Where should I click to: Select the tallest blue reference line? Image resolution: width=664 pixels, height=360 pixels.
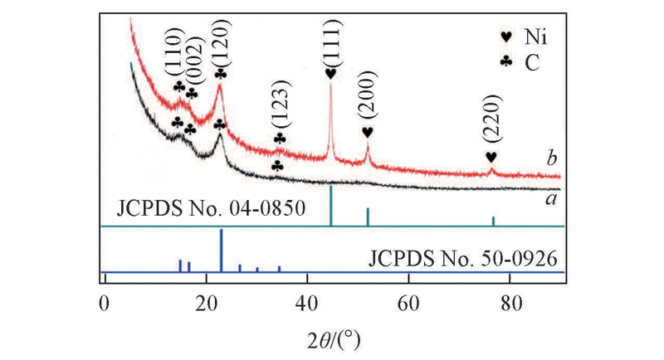tap(221, 250)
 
